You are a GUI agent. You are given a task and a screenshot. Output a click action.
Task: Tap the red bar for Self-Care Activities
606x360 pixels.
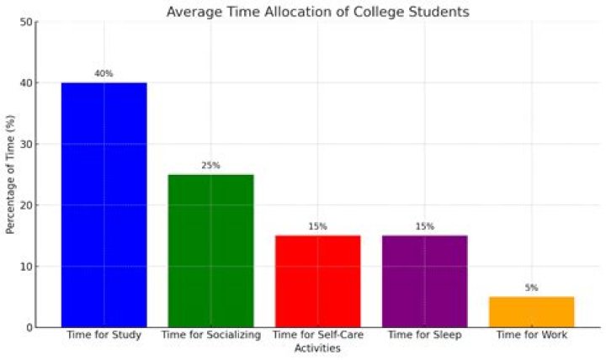(x=317, y=281)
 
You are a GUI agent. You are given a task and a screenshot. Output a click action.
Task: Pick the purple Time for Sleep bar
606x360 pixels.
(x=424, y=281)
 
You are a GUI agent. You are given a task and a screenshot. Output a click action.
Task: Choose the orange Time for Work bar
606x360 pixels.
(x=531, y=311)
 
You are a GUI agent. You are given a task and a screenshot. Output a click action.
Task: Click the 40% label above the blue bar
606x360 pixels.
(x=104, y=74)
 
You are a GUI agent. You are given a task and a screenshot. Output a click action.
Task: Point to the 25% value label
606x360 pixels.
(x=211, y=166)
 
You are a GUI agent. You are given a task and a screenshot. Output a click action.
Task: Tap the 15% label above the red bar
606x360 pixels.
(x=317, y=227)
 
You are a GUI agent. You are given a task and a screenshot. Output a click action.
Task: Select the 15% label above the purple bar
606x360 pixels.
(x=424, y=227)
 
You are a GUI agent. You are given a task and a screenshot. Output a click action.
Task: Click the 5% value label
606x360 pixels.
(x=531, y=288)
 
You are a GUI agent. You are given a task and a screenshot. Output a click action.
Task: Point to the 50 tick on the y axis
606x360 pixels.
(x=27, y=22)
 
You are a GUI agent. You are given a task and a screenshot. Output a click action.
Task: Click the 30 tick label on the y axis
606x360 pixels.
(x=27, y=145)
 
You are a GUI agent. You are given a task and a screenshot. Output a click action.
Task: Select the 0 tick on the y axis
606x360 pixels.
(x=29, y=327)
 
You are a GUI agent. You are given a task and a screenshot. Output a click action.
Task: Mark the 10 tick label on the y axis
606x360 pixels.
(x=27, y=267)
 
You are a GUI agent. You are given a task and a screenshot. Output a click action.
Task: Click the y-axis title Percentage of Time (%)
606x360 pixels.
(x=10, y=175)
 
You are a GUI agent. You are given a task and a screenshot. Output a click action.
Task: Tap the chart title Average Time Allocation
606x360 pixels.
(x=317, y=12)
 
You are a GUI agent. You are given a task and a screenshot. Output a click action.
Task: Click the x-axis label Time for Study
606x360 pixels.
(x=104, y=335)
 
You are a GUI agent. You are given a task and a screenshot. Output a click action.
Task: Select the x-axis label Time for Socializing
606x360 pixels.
(x=211, y=335)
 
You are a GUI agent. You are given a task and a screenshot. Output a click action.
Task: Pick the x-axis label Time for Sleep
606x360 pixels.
(x=424, y=335)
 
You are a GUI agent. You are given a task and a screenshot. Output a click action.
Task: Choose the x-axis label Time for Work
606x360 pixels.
(x=531, y=335)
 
